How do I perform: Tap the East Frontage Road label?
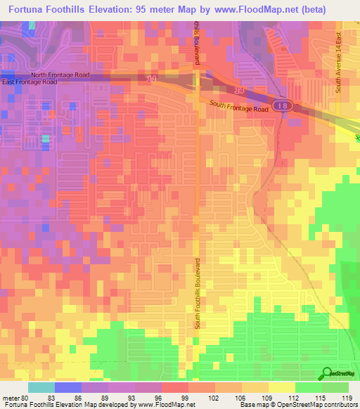click(x=30, y=82)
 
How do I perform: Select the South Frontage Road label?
click(x=239, y=106)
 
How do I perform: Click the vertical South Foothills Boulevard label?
click(x=198, y=292)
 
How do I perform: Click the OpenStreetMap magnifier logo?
click(x=326, y=373)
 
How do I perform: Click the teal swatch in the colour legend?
click(x=41, y=387)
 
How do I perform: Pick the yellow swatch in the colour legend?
click(x=282, y=387)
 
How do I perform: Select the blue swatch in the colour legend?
click(x=67, y=387)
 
